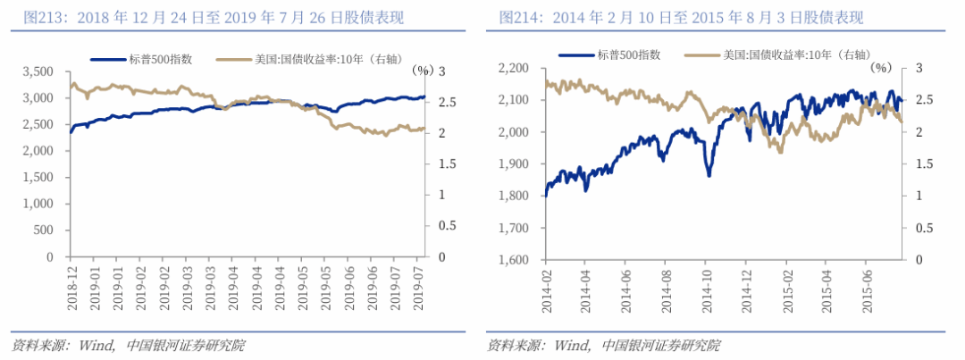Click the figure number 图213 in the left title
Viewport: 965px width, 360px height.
click(41, 18)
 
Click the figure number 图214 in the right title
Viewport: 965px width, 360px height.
click(517, 18)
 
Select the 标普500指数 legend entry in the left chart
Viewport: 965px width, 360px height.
click(142, 59)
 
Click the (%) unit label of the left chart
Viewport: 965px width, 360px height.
click(423, 71)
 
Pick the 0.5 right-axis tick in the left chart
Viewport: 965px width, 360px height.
click(441, 226)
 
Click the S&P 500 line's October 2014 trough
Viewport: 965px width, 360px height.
click(709, 176)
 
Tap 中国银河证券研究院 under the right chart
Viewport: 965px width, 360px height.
click(661, 345)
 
